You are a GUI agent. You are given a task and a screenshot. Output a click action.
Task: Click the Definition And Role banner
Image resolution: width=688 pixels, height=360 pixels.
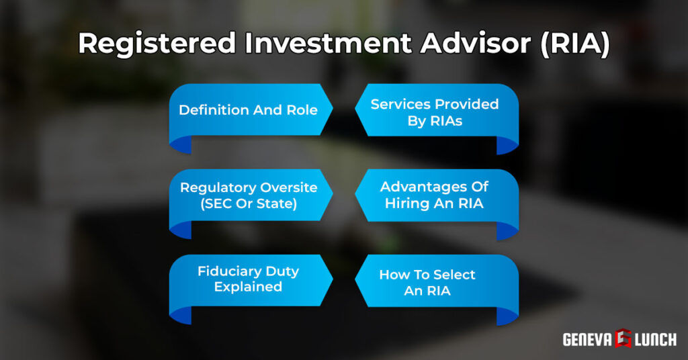(248, 109)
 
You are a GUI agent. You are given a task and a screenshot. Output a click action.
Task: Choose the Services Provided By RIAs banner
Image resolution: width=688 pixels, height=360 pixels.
(435, 112)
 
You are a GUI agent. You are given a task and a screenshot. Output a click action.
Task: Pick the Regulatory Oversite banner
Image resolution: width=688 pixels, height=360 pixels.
(248, 195)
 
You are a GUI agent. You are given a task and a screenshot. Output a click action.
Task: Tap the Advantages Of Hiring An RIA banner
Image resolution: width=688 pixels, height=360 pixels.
(435, 195)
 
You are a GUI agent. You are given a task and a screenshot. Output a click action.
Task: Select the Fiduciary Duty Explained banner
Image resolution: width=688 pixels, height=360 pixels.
(248, 279)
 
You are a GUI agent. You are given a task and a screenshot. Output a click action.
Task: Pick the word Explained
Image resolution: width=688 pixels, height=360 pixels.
(248, 287)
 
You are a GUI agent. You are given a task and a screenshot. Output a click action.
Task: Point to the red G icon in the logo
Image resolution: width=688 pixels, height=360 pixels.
(622, 339)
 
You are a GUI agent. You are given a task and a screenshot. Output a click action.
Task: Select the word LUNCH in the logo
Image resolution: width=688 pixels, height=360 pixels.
(654, 339)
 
